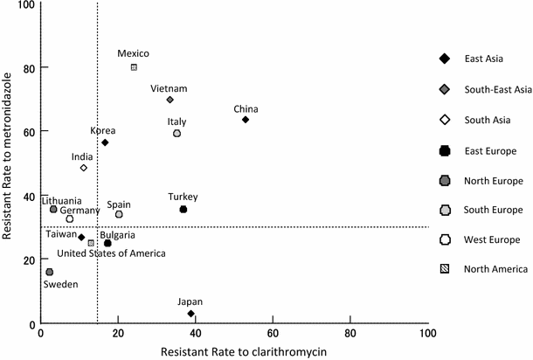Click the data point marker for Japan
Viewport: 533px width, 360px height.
coord(190,314)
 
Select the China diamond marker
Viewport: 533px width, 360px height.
coord(246,120)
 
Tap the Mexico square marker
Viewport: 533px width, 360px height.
coord(134,67)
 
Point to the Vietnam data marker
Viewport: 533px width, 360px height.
coord(170,100)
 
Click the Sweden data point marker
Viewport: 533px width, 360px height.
coord(50,273)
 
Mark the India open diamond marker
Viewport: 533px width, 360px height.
coord(84,168)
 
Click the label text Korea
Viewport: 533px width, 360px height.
coord(103,131)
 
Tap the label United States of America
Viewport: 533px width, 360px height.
coord(87,253)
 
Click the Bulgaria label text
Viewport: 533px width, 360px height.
coord(117,235)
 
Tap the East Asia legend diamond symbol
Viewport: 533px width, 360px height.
coord(445,59)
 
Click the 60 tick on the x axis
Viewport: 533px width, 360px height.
coord(273,333)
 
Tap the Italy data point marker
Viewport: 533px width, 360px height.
coord(177,134)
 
